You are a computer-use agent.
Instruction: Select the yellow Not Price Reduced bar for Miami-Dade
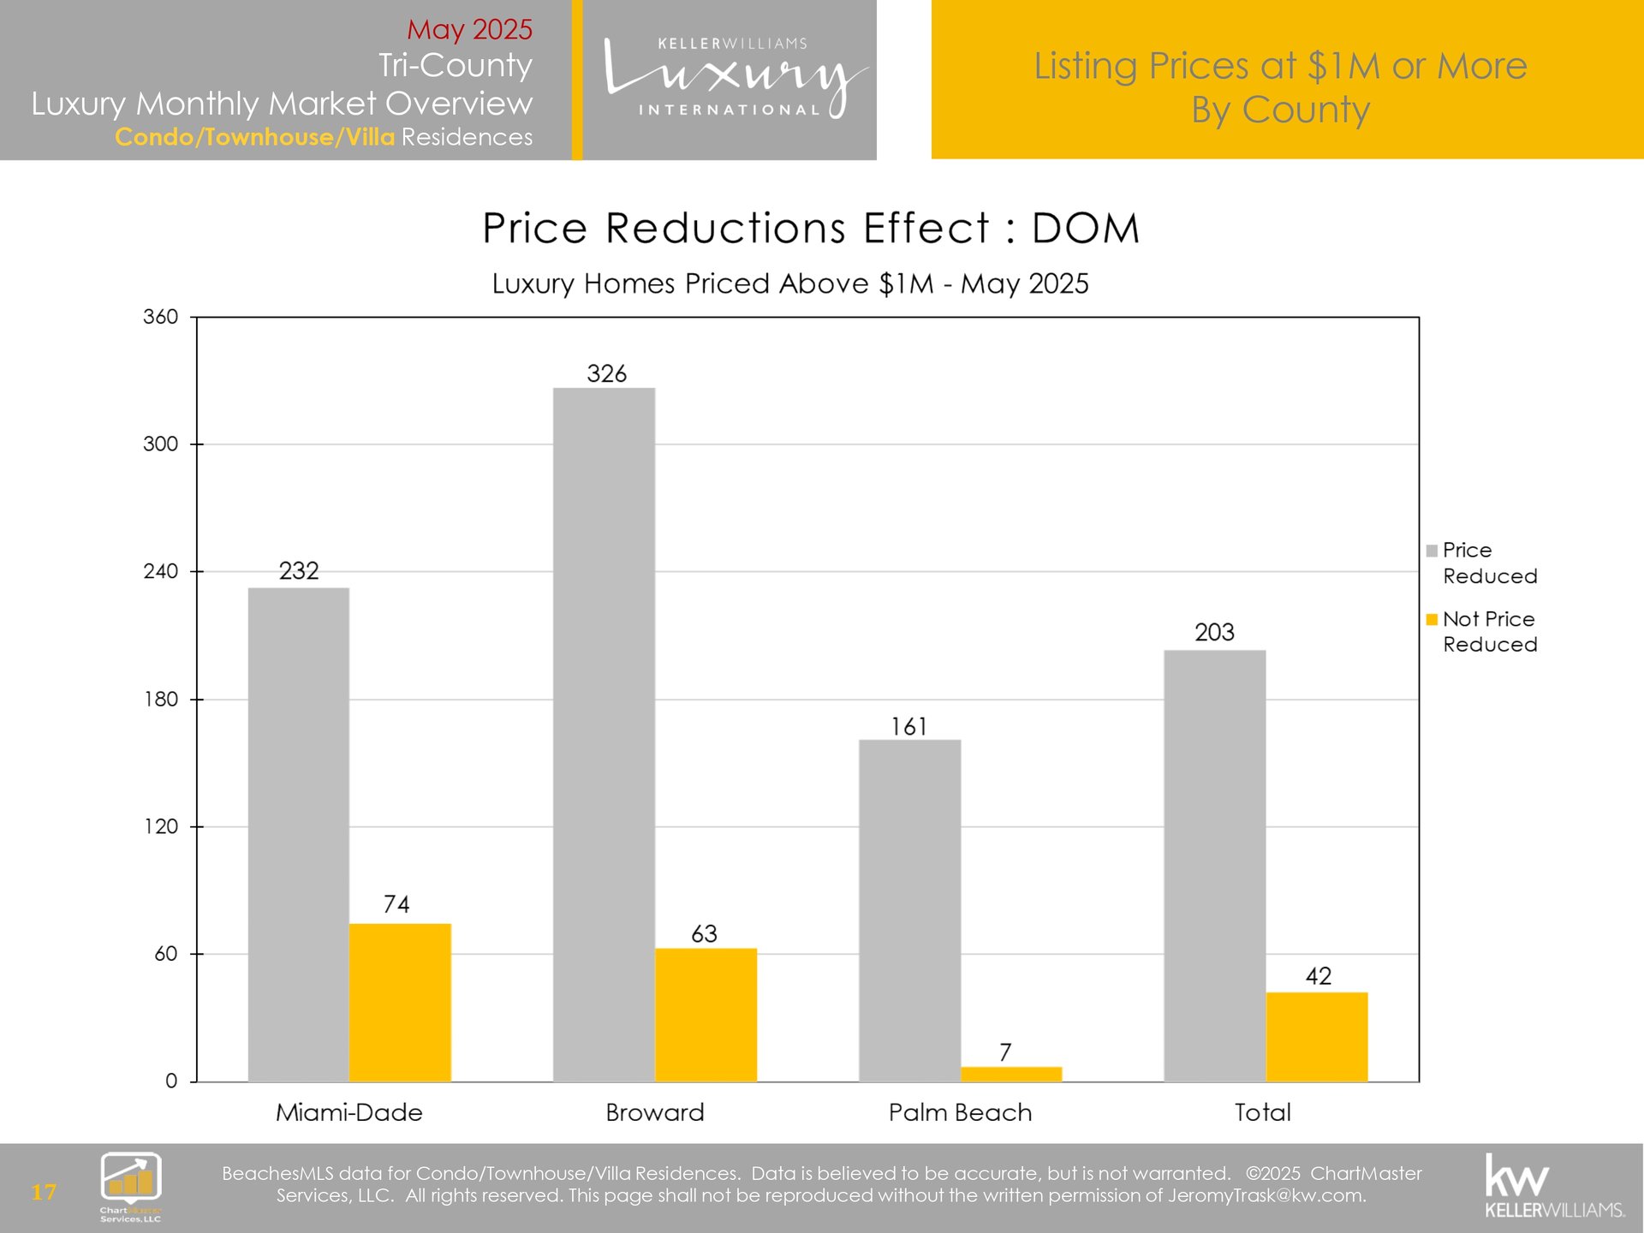pyautogui.click(x=400, y=1002)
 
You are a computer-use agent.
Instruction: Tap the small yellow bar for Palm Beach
pyautogui.click(x=1011, y=1074)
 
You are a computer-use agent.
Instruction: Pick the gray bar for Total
pyautogui.click(x=1214, y=865)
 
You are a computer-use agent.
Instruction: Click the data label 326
pyautogui.click(x=606, y=373)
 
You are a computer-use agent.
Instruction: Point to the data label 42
pyautogui.click(x=1318, y=976)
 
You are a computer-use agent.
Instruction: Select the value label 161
pyautogui.click(x=908, y=727)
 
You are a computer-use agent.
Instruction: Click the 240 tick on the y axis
pyautogui.click(x=161, y=571)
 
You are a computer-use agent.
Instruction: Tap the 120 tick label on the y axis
pyautogui.click(x=161, y=826)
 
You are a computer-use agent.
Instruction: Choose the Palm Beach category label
pyautogui.click(x=960, y=1112)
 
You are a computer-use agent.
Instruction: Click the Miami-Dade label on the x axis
pyautogui.click(x=349, y=1112)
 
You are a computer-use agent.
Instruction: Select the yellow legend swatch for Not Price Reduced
pyautogui.click(x=1432, y=619)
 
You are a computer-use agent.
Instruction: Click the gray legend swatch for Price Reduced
pyautogui.click(x=1432, y=551)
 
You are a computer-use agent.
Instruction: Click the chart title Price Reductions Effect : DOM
pyautogui.click(x=811, y=229)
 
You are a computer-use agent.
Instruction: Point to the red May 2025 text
pyautogui.click(x=469, y=29)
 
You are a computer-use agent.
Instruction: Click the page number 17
pyautogui.click(x=44, y=1192)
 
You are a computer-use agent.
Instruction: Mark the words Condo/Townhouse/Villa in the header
pyautogui.click(x=255, y=137)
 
